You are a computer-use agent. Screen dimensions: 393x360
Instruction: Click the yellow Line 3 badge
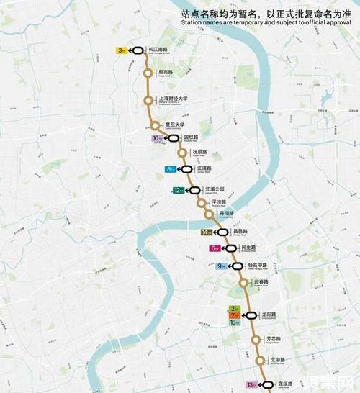(x=121, y=50)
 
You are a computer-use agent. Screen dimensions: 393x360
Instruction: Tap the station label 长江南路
(x=157, y=50)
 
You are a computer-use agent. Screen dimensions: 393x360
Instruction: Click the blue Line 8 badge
(x=171, y=169)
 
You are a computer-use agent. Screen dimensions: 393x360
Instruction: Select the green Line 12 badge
(x=177, y=191)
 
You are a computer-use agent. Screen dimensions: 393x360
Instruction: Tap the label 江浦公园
(x=215, y=189)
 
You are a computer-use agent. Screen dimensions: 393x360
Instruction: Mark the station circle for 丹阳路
(x=210, y=214)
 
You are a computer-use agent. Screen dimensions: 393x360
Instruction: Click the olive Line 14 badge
(x=207, y=232)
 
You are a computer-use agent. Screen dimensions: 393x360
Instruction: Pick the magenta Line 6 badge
(x=215, y=248)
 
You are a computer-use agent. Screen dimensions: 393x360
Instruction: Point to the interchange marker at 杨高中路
(x=237, y=266)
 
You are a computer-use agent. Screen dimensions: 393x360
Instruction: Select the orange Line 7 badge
(x=234, y=315)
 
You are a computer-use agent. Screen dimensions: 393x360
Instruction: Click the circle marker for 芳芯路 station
(x=255, y=340)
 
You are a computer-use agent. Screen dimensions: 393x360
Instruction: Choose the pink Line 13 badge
(x=251, y=385)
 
